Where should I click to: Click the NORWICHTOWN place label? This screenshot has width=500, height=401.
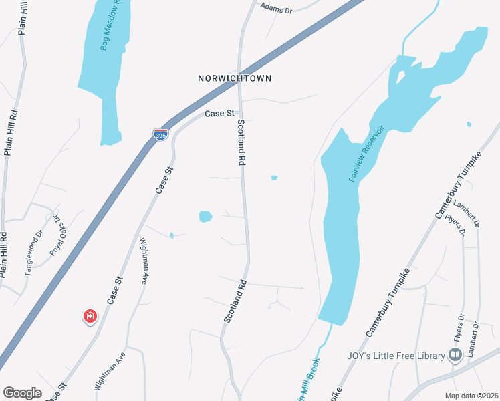[235, 78]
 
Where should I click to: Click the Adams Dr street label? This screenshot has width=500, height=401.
[276, 9]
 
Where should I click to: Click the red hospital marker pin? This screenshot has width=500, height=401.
[89, 316]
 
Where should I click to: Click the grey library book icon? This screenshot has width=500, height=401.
[456, 354]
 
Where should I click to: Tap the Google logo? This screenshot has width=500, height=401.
[23, 393]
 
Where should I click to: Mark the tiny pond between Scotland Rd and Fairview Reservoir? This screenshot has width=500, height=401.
[274, 178]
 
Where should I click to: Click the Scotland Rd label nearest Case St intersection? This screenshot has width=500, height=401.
[241, 143]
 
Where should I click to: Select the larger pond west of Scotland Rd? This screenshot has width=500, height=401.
[205, 217]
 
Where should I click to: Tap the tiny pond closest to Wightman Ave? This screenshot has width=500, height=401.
[172, 235]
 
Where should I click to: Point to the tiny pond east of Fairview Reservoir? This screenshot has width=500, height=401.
[469, 124]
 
